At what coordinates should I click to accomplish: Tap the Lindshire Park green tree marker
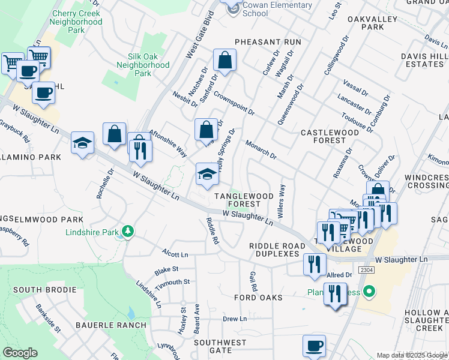point(127,231)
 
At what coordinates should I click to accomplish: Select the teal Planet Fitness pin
point(370,292)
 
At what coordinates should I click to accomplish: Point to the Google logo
point(20,353)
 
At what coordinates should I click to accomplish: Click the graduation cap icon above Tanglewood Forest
point(206,174)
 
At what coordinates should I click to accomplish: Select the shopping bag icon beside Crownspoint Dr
point(224,60)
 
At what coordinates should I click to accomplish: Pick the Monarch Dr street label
point(261,150)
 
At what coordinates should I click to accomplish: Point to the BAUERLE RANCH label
point(110,325)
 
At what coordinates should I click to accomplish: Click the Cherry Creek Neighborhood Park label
point(76,21)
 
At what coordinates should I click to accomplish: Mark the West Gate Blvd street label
point(200,36)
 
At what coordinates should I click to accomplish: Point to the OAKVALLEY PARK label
point(373,23)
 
